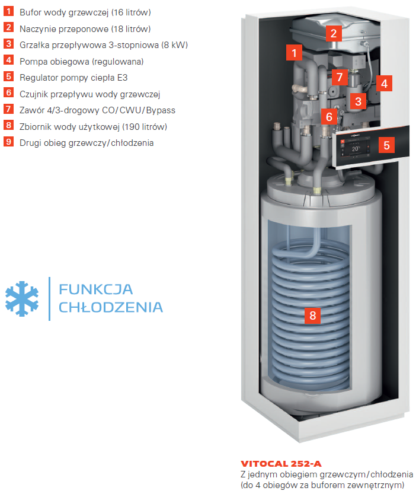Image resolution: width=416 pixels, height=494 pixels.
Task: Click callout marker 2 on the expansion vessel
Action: click(x=334, y=33)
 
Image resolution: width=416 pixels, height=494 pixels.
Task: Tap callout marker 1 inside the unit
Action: click(x=294, y=53)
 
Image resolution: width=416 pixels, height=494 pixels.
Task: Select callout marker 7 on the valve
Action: click(x=340, y=77)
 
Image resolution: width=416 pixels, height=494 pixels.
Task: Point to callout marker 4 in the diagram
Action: click(x=384, y=84)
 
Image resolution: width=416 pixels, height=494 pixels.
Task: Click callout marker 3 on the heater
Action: click(x=358, y=101)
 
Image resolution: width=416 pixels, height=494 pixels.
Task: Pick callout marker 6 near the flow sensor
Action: click(x=329, y=117)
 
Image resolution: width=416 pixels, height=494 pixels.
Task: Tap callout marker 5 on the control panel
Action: click(x=387, y=145)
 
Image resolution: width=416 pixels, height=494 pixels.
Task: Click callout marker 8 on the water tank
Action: click(x=312, y=315)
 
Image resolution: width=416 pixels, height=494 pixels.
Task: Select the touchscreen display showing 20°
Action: click(x=356, y=147)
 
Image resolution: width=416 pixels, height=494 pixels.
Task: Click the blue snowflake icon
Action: click(x=22, y=299)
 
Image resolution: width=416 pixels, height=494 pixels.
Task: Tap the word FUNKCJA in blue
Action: click(x=96, y=289)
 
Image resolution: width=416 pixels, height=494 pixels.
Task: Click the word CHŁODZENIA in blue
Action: click(x=111, y=307)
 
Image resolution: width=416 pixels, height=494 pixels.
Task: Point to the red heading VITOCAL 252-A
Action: click(x=281, y=464)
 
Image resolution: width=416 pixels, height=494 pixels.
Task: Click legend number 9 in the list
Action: click(x=8, y=142)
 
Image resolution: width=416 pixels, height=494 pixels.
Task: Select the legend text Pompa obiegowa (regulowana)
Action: click(x=82, y=62)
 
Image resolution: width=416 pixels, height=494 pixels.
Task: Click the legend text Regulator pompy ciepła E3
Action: click(x=73, y=78)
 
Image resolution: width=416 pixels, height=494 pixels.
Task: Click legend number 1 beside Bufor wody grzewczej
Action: click(x=8, y=11)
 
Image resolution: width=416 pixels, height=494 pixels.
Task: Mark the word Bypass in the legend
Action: click(x=161, y=110)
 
